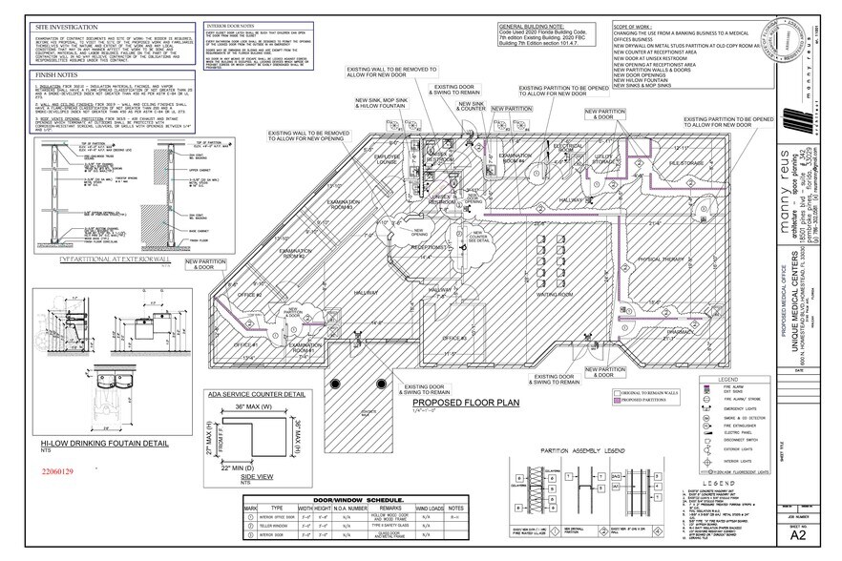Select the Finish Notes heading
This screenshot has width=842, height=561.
click(x=56, y=73)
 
